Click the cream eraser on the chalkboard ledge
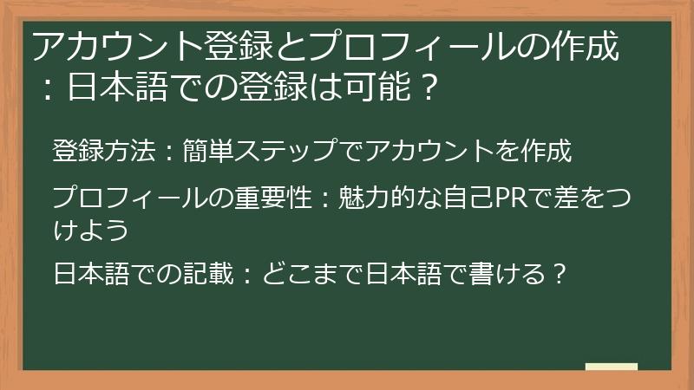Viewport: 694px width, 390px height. coord(611,367)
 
